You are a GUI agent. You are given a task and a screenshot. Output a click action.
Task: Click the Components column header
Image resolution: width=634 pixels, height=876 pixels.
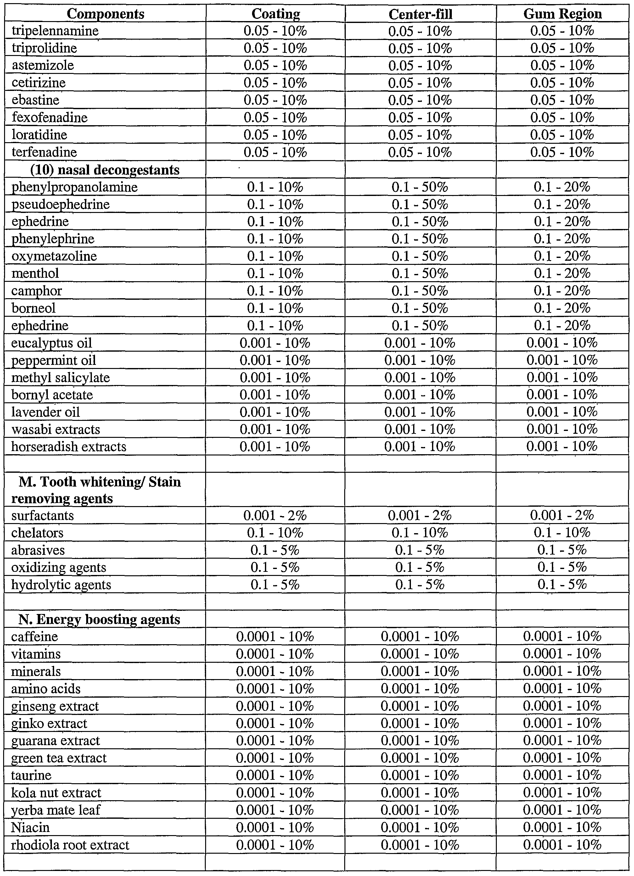tap(105, 14)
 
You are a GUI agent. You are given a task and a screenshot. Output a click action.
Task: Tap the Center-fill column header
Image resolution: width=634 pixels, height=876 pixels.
tap(420, 14)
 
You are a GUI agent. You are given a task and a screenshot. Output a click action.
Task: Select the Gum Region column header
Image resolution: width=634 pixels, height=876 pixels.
tap(562, 14)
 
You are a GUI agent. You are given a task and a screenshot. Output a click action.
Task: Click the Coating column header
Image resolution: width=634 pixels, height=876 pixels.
tap(275, 14)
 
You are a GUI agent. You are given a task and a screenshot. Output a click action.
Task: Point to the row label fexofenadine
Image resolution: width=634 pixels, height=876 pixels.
tap(50, 117)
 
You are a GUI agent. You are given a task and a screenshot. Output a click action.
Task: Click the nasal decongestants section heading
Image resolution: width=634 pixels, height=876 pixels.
tap(105, 170)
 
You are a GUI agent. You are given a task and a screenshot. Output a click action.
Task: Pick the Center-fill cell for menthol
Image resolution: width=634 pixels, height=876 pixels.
tap(420, 273)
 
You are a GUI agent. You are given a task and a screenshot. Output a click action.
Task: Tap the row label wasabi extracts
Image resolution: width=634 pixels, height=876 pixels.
tap(56, 429)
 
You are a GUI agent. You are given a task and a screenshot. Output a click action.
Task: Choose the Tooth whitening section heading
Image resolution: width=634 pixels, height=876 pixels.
tap(100, 490)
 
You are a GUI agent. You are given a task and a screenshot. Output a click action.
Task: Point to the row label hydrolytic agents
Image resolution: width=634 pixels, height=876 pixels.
tap(61, 585)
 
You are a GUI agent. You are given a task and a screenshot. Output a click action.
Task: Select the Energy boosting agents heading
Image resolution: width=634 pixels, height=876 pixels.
tap(99, 620)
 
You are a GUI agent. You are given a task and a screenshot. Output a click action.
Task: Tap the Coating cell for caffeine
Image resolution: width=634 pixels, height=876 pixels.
tap(275, 637)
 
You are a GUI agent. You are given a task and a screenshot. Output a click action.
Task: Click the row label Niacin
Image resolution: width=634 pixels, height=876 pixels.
tap(31, 827)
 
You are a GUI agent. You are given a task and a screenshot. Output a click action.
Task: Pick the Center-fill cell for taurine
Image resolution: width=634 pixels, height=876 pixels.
tap(420, 775)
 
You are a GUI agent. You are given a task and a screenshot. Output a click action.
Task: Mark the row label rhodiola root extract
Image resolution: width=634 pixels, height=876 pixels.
tap(70, 845)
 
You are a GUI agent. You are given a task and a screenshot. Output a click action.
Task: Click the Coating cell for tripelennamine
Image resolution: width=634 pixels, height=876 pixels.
tap(275, 31)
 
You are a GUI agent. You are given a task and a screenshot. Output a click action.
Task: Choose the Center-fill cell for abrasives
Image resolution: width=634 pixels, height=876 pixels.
tap(420, 550)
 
